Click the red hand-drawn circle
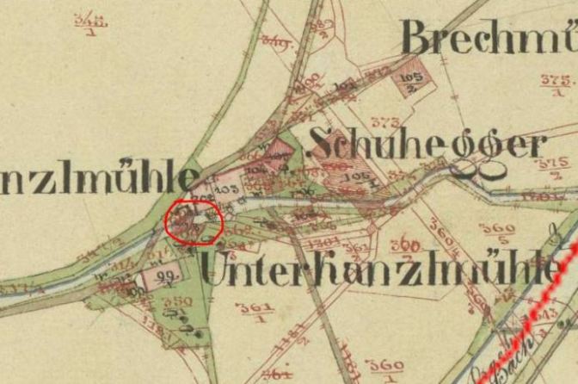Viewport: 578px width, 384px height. pyautogui.click(x=194, y=222)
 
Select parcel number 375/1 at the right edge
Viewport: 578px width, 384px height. pyautogui.click(x=556, y=83)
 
